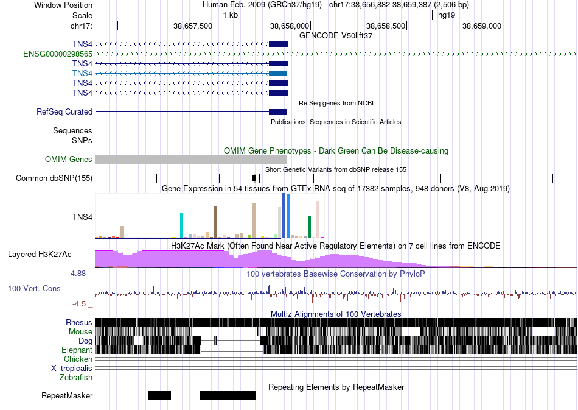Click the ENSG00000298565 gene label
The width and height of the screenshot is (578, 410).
58,54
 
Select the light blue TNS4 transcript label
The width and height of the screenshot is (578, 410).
82,74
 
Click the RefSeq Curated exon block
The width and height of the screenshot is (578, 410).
277,112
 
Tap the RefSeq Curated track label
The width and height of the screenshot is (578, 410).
64,112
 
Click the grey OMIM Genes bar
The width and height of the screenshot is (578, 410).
190,159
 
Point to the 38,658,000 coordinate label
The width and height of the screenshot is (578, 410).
290,26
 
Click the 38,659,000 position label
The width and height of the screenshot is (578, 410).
482,26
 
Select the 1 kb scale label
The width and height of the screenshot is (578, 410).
231,15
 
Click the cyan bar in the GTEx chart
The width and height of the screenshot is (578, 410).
181,225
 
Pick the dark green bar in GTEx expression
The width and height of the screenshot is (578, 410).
310,227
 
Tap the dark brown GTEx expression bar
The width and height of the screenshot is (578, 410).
215,222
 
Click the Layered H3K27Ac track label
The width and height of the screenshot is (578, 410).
40,254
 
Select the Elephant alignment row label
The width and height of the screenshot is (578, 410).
77,350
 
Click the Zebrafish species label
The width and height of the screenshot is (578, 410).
76,378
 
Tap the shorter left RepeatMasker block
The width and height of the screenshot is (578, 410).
159,395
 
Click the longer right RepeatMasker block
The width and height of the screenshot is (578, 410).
228,395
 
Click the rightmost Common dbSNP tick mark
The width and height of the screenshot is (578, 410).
552,178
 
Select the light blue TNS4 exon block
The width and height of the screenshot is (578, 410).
277,74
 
